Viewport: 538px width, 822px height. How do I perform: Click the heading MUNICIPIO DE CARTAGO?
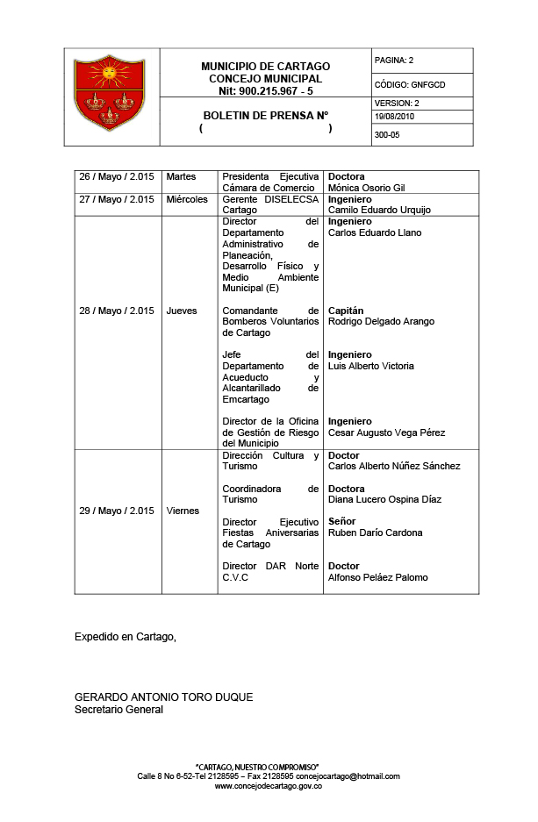[x=265, y=67]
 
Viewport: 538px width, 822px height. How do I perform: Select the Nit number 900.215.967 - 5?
[x=266, y=89]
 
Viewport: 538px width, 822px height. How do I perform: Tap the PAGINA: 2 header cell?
[x=394, y=61]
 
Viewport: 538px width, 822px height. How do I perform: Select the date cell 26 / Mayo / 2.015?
[x=117, y=177]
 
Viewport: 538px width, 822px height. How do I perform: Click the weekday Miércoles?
[x=187, y=199]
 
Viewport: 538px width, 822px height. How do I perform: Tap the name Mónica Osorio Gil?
[x=366, y=188]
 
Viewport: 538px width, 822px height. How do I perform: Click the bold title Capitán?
[x=346, y=311]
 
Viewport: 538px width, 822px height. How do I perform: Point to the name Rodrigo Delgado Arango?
[x=381, y=321]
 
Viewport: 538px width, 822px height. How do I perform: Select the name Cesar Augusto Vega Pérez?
[x=386, y=432]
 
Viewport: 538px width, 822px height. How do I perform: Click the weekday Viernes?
[x=183, y=511]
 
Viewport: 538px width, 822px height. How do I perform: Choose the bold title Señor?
[x=341, y=521]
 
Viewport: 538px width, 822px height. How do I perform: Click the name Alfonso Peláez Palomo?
[x=377, y=577]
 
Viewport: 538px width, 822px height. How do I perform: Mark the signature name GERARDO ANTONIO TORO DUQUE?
[x=164, y=697]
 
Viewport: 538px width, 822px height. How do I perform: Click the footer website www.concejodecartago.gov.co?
[x=269, y=786]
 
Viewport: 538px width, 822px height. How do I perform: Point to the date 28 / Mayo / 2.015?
[x=117, y=311]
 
